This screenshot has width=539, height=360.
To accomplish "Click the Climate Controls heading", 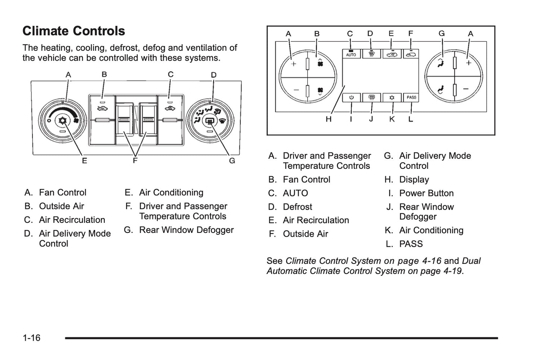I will coord(73,31).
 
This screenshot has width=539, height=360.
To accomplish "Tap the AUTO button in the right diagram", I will coord(351,54).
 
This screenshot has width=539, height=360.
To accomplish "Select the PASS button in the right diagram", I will coord(411,98).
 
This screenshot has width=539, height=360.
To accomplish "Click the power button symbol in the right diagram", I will coord(351,98).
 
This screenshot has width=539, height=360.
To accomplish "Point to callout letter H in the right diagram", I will coord(328,119).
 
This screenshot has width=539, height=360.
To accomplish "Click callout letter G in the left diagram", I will coord(232,161).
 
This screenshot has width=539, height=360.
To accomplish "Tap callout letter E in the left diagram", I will coord(85,161).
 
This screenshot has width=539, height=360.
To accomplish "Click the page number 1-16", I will coord(31,338).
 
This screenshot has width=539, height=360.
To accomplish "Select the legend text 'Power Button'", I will coord(426,193).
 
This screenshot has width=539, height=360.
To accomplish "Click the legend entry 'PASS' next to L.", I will coord(411,244).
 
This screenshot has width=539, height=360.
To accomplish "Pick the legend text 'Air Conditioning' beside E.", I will coord(171,193).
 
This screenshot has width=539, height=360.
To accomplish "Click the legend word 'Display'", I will coord(414,180).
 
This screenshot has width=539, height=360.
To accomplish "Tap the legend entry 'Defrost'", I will coord(297,207).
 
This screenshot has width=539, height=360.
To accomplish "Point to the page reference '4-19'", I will coord(452,271).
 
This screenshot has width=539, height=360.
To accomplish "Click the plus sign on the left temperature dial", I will coord(294,64).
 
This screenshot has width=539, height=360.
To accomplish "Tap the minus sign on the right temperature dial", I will coord(466,89).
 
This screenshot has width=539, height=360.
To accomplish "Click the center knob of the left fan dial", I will coord(62,121).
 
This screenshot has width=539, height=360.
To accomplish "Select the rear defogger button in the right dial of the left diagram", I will coord(210,121).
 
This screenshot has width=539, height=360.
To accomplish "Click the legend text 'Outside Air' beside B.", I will coord(62,206).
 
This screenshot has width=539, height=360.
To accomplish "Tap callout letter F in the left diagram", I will coord(135,161).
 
